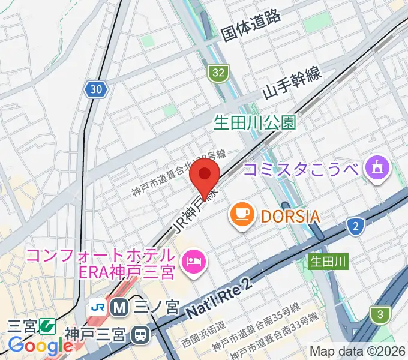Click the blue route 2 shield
click(x=356, y=226)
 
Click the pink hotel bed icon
click(x=193, y=260)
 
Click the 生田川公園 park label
click(x=255, y=123)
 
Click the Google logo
click(x=40, y=346)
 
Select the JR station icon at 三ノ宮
click(x=99, y=307)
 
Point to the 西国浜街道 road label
click(x=204, y=331)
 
